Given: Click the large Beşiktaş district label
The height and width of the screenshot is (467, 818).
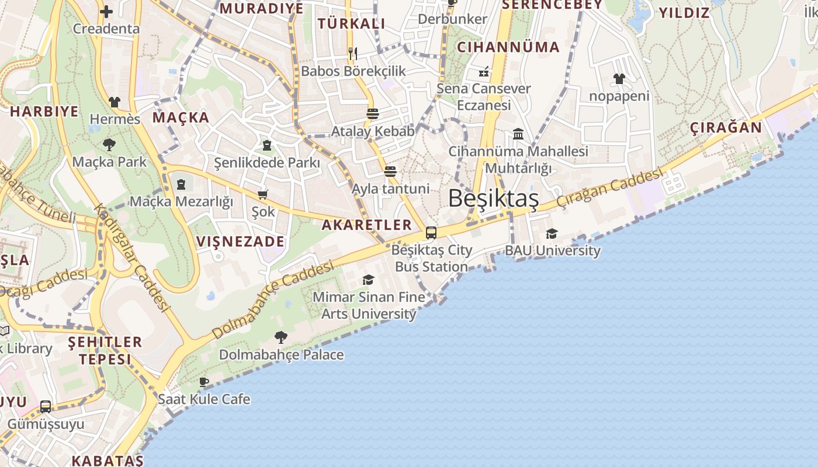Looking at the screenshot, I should click(493, 198).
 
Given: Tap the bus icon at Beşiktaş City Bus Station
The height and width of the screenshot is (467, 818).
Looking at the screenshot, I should click(431, 233).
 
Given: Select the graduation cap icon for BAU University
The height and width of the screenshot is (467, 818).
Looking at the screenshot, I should click(552, 234).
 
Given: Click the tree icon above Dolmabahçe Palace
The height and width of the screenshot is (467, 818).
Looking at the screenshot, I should click(281, 337).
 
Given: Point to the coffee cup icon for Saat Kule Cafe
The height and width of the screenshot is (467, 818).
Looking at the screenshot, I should click(203, 382).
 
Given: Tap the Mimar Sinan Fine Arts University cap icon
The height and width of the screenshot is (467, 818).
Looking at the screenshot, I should click(368, 280).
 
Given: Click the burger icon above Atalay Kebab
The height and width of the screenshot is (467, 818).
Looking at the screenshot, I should click(373, 114).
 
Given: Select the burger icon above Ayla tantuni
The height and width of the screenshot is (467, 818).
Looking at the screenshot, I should click(390, 172).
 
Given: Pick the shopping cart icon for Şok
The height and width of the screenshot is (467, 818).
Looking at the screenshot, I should click(263, 194).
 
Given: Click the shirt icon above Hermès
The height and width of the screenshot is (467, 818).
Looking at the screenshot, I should click(115, 102).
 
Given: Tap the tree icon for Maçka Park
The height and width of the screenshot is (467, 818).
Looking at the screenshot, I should click(109, 144).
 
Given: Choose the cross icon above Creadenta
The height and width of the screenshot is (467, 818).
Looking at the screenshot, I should click(106, 11).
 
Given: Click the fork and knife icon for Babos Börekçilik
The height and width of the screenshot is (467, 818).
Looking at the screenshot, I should click(352, 54).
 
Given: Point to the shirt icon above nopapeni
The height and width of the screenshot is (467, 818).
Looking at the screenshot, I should click(619, 79).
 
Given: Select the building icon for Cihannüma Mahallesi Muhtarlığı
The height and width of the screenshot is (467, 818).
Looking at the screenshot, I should click(518, 134).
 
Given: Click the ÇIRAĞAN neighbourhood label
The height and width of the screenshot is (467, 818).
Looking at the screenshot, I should click(726, 128).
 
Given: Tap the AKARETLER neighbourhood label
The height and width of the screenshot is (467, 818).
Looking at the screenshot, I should click(367, 225).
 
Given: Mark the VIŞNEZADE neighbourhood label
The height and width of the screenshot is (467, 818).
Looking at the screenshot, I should click(240, 242).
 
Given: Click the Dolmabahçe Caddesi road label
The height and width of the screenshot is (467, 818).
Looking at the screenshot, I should click(273, 300).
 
